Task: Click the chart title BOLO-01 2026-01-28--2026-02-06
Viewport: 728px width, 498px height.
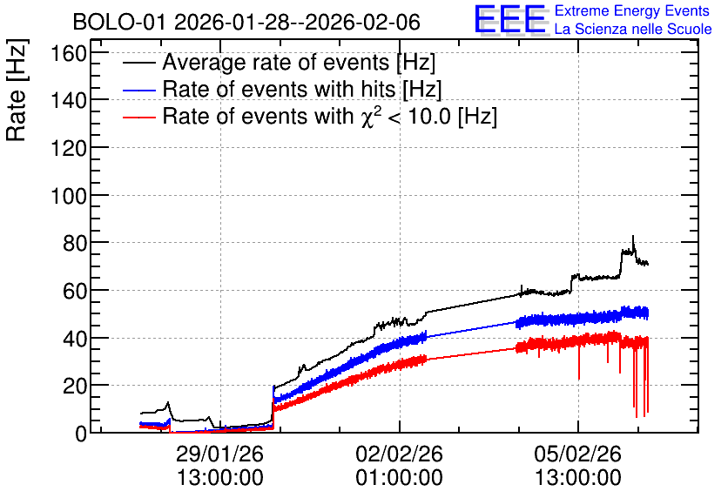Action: (x=246, y=22)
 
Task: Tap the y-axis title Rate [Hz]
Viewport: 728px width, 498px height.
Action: (x=17, y=90)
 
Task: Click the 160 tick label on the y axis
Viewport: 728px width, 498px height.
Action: (x=69, y=53)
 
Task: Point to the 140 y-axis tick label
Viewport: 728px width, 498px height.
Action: (x=69, y=100)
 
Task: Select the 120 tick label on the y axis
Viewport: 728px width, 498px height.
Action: (x=69, y=148)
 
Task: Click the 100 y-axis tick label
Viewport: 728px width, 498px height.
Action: (x=69, y=195)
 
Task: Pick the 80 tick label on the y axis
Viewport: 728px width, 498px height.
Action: (x=75, y=243)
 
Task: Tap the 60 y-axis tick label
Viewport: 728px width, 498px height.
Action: (x=75, y=291)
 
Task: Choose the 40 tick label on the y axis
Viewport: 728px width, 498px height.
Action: (x=75, y=339)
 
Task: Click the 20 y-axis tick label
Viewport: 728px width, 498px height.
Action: (x=75, y=386)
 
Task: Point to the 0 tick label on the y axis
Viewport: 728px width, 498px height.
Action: (x=81, y=434)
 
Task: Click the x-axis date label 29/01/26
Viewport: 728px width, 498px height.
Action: (x=220, y=454)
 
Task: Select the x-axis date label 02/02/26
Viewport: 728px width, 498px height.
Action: (x=400, y=454)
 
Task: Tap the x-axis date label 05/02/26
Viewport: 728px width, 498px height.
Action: (x=578, y=454)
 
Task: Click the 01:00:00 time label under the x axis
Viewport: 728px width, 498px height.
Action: (x=400, y=478)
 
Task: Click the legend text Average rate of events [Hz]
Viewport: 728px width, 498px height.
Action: (x=299, y=63)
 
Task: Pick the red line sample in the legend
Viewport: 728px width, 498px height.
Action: (x=138, y=117)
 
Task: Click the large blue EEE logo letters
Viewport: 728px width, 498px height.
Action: (x=510, y=19)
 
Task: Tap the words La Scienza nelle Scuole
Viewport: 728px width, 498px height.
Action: (x=633, y=30)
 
